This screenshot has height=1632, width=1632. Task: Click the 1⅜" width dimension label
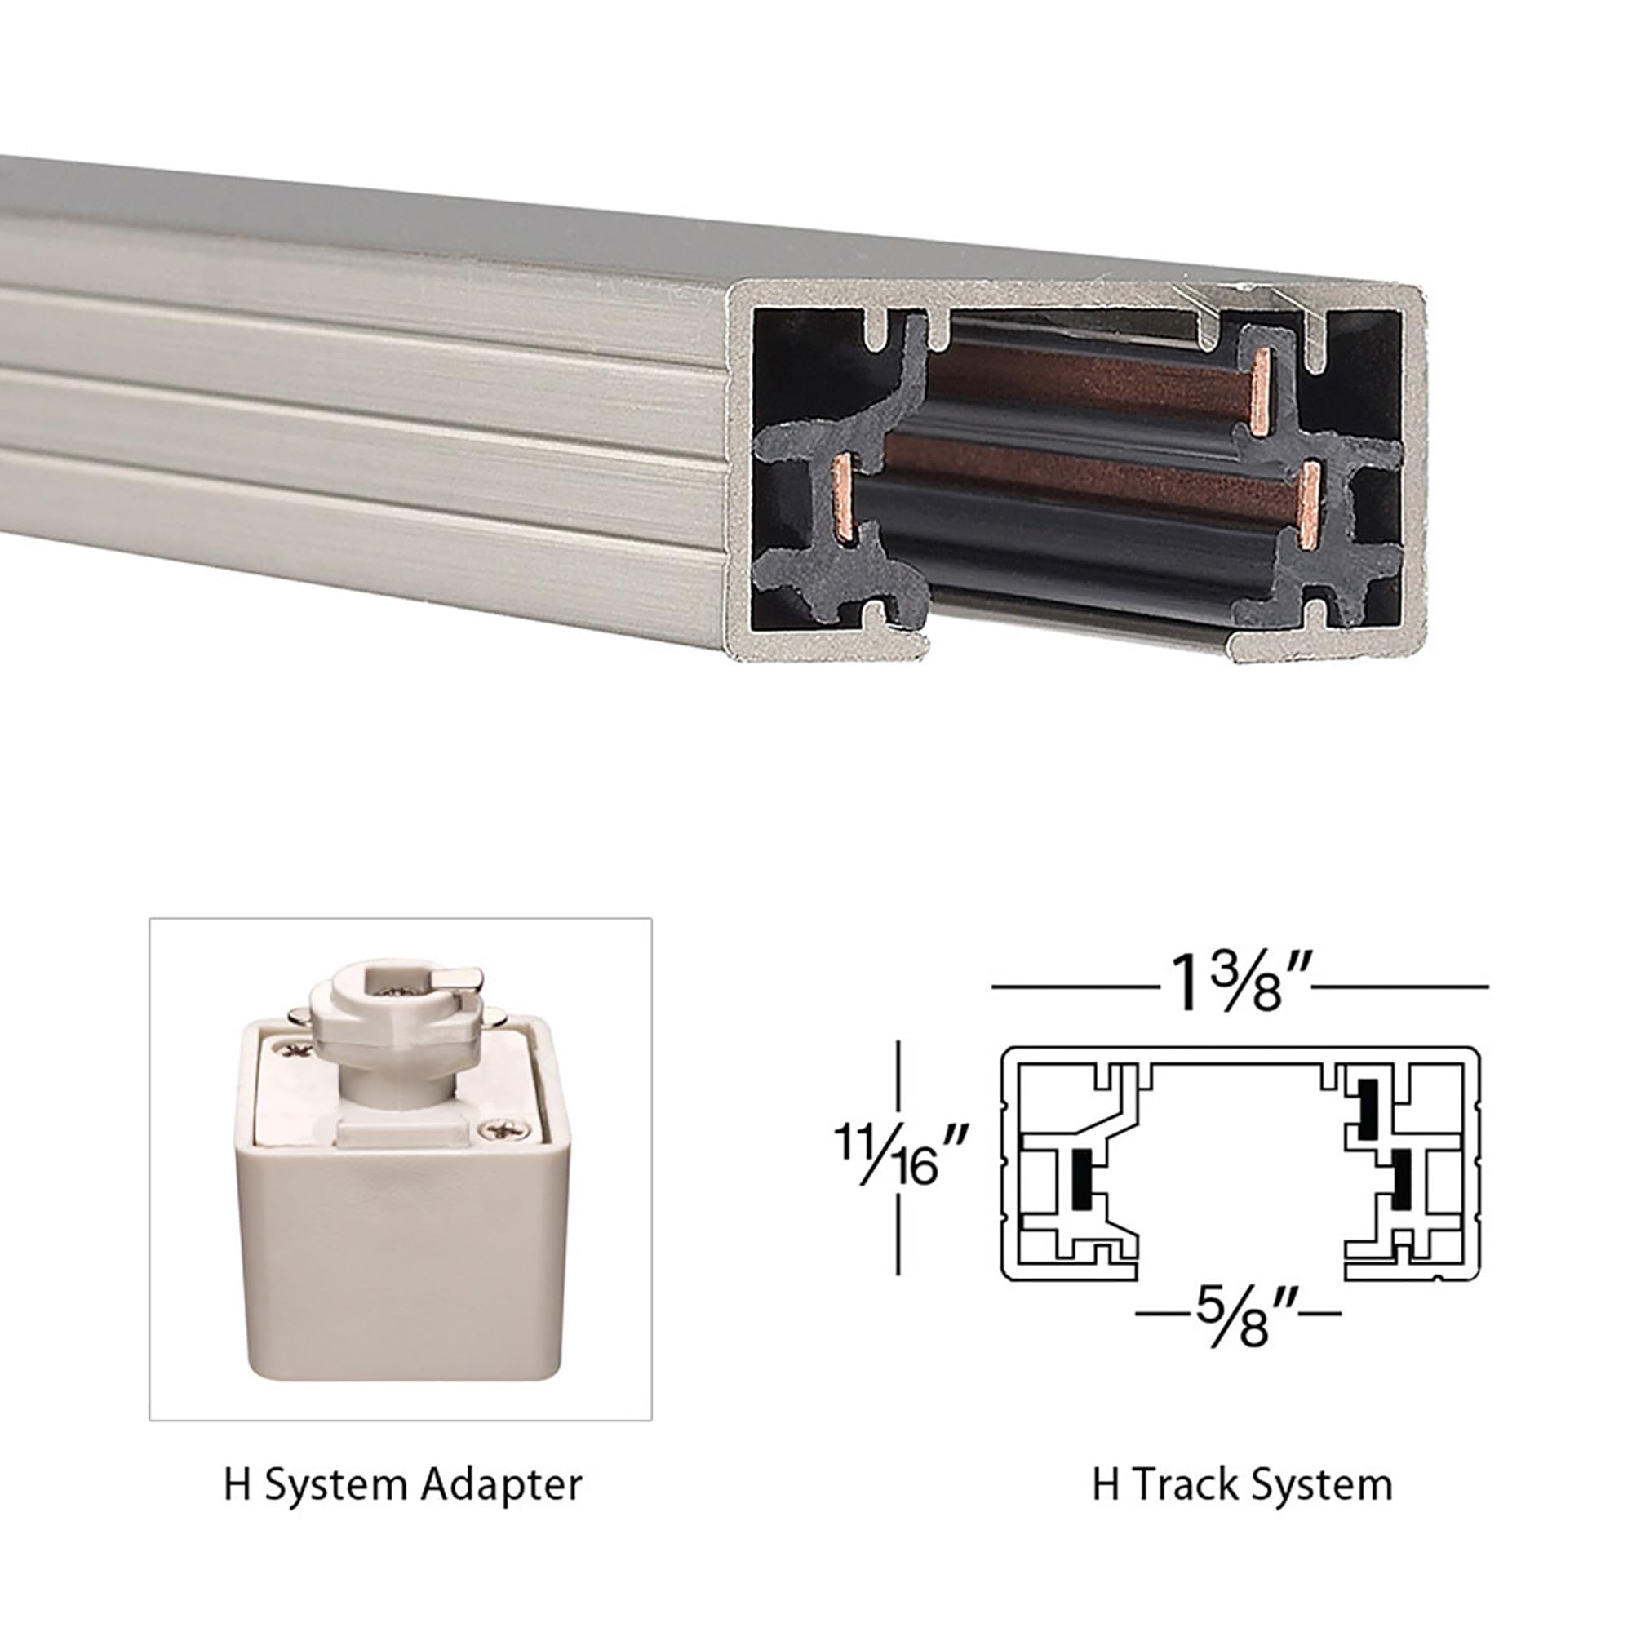pos(1239,985)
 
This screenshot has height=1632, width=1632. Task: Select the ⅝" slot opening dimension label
pos(1238,1317)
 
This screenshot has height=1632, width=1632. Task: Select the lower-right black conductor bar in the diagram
pos(1401,1177)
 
